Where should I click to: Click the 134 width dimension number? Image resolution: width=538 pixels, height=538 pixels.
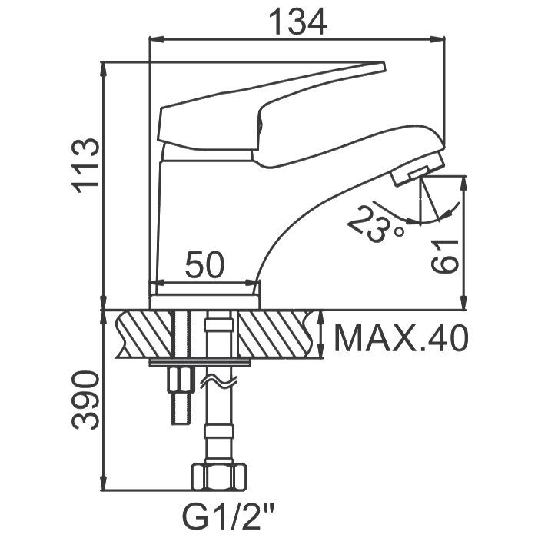[297, 22]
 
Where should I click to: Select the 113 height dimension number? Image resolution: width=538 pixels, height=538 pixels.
[85, 166]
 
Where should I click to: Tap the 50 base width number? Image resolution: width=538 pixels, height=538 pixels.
[204, 264]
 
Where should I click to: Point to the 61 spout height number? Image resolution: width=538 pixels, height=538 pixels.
[445, 256]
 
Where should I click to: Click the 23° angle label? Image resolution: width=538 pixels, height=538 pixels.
[376, 224]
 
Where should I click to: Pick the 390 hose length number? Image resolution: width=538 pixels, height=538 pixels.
[85, 400]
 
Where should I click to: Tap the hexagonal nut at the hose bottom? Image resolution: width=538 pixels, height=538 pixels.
[219, 476]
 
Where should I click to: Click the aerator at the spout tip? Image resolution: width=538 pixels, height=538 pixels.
[418, 170]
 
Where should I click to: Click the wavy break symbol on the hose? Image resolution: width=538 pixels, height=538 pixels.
[218, 380]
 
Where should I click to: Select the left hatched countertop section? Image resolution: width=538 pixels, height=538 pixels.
[144, 334]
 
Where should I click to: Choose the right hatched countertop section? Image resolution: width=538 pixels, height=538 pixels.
[277, 334]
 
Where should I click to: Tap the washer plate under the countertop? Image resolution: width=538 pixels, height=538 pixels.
[199, 363]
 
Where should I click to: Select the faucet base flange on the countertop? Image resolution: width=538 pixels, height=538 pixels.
[205, 302]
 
